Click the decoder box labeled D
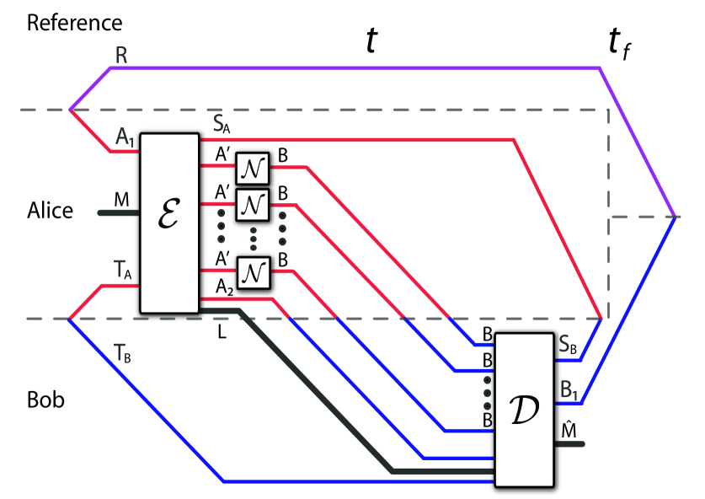coord(524,409)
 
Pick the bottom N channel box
coord(252,271)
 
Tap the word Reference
coord(74,23)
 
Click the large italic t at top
coord(371,40)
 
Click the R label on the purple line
coord(122,56)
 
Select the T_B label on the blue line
coord(121,357)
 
